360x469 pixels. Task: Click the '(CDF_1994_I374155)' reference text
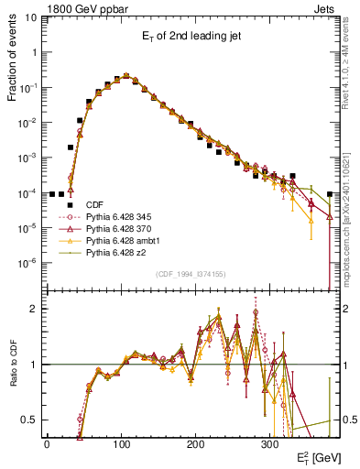191,274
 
